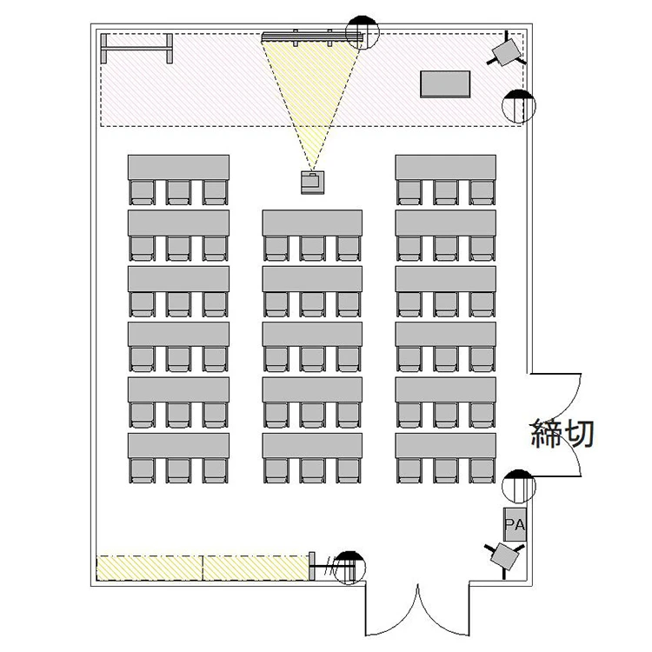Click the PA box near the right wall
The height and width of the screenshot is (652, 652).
pos(515,524)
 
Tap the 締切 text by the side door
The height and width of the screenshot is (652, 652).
pos(562,433)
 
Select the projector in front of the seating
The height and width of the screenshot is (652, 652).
pos(312,183)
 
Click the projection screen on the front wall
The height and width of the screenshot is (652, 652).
pos(312,37)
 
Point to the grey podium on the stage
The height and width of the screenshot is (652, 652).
pos(445,84)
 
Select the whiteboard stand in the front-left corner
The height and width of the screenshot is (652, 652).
pos(136,49)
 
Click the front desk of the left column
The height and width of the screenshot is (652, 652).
pos(178,168)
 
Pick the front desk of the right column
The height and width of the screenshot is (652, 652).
pos(445,168)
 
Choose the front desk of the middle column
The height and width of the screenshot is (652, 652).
pos(312,223)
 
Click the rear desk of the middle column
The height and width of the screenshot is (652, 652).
pos(312,446)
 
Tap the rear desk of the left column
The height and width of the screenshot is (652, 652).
pos(178,446)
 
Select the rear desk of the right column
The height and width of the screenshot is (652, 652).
pos(445,446)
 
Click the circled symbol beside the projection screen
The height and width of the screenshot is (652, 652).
pos(363,32)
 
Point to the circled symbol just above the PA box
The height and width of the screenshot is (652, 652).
pos(518,486)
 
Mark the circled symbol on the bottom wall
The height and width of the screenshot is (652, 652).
pos(349,568)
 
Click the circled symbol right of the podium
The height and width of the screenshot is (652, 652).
pos(518,106)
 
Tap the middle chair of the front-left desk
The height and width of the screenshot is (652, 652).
pos(178,192)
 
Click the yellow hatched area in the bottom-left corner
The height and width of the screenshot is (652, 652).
pos(203,568)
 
